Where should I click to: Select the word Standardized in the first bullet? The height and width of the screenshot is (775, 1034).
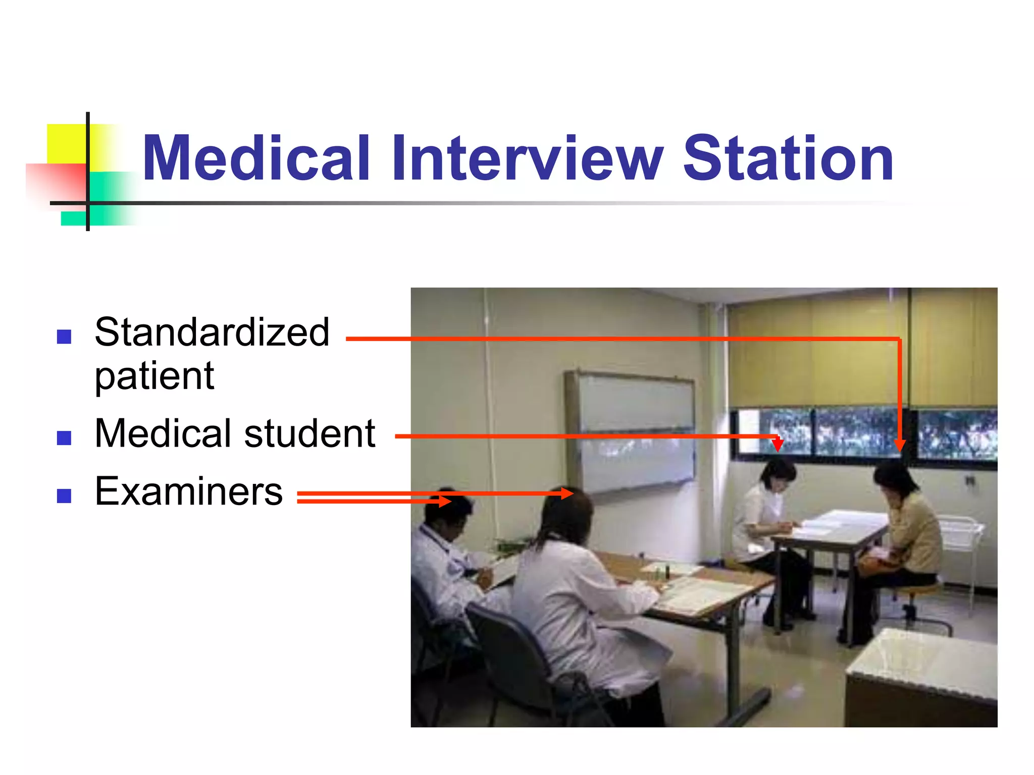[212, 333]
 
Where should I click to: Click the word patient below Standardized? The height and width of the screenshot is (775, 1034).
[154, 376]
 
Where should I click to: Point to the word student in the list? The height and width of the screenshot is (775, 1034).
[309, 433]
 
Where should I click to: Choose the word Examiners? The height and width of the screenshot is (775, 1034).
[189, 491]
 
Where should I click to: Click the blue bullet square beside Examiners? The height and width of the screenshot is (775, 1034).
[64, 496]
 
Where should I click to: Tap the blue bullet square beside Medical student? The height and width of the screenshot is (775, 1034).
[64, 437]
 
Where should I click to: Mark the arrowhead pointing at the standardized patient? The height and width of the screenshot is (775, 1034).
[899, 445]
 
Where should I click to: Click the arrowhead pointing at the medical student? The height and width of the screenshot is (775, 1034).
[778, 444]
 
